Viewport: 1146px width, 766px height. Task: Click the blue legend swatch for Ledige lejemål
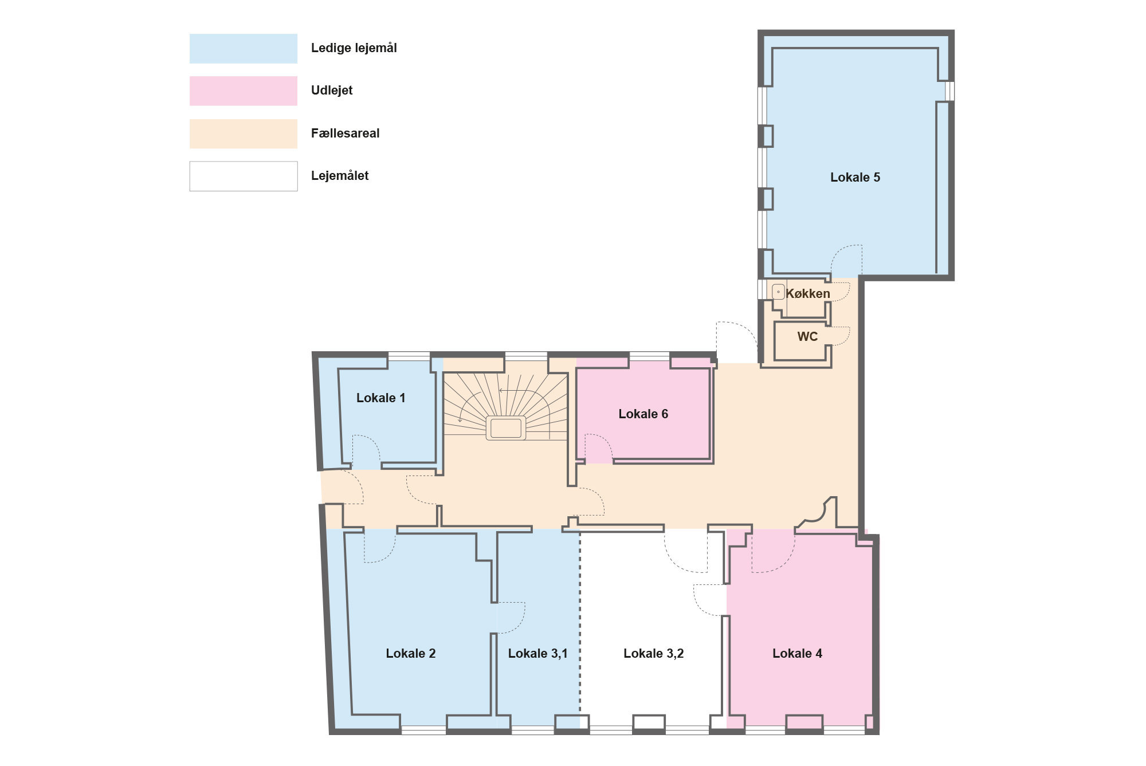point(244,48)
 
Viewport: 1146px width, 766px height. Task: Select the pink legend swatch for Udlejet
point(244,91)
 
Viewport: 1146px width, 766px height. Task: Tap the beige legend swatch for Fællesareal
point(244,133)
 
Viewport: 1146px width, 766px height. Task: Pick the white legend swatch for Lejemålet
point(244,176)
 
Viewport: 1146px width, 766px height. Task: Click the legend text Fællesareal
point(345,133)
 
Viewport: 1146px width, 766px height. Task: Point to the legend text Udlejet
point(332,91)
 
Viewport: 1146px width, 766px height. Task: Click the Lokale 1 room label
point(381,398)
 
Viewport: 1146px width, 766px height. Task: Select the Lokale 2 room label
point(411,653)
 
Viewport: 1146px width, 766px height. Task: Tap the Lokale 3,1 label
point(538,654)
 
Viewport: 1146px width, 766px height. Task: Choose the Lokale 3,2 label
point(654,654)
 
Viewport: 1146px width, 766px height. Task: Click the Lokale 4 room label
point(797,653)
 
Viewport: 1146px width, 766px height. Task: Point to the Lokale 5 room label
point(855,178)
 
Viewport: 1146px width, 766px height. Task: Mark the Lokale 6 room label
point(643,414)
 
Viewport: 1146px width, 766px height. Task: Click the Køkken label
point(808,294)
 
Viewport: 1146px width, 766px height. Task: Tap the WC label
point(807,336)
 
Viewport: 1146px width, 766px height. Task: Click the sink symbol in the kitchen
point(778,292)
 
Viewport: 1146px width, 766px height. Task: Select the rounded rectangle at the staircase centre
point(506,428)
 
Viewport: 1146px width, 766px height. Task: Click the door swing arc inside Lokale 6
point(606,441)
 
